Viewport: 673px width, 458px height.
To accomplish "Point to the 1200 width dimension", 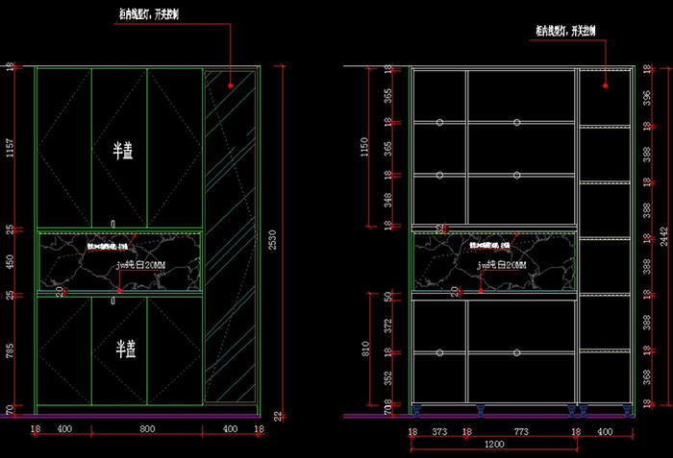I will (x=494, y=446).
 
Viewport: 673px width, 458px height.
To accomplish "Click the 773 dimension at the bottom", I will (x=521, y=433).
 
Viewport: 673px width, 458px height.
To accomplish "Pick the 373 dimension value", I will (x=439, y=433).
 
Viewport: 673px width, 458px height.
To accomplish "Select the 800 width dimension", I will (x=147, y=429).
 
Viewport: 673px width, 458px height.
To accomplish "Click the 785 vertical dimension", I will (x=10, y=351).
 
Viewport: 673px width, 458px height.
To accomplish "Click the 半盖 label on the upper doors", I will (x=123, y=150).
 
